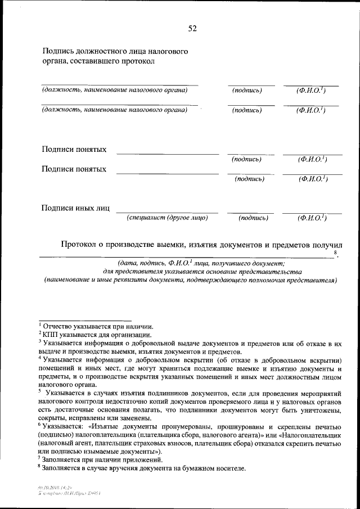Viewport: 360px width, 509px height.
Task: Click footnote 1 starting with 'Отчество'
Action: click(96, 326)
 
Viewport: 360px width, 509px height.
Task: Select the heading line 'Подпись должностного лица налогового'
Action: click(115, 51)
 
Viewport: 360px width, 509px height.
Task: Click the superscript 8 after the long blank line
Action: click(336, 254)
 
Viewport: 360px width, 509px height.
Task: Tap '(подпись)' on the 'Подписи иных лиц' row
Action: click(253, 218)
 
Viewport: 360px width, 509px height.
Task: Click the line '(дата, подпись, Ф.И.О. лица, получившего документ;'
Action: click(201, 263)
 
